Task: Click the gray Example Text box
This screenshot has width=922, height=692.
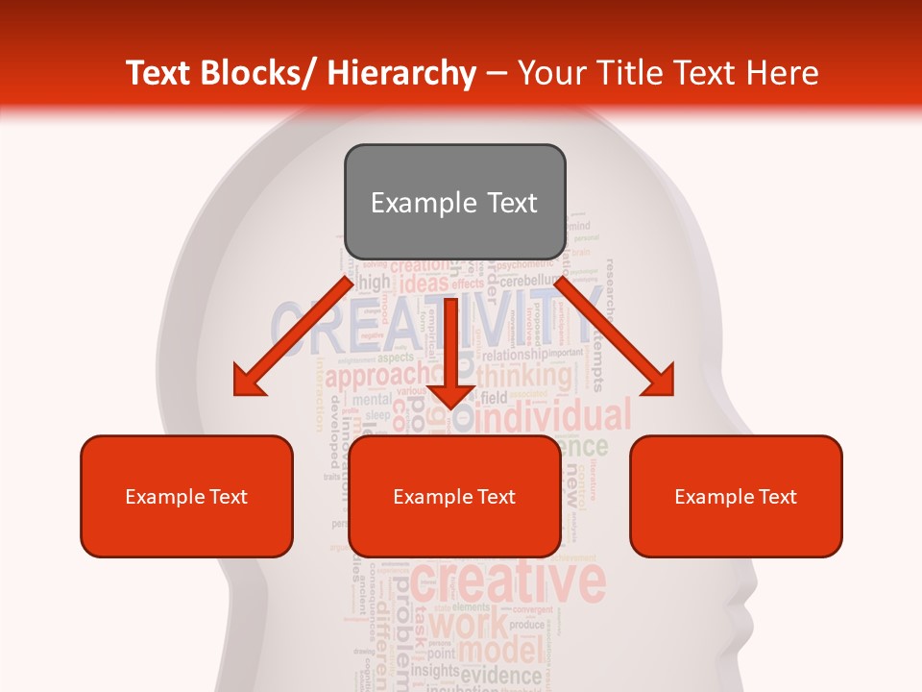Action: coord(454,203)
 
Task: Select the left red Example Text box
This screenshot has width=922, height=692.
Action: coord(186,496)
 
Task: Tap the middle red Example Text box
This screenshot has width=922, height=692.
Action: coord(454,496)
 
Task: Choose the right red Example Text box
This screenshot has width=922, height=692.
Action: coord(736,496)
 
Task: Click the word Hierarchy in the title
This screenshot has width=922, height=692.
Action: coord(401,73)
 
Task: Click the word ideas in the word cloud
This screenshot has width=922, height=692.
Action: coord(425,284)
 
